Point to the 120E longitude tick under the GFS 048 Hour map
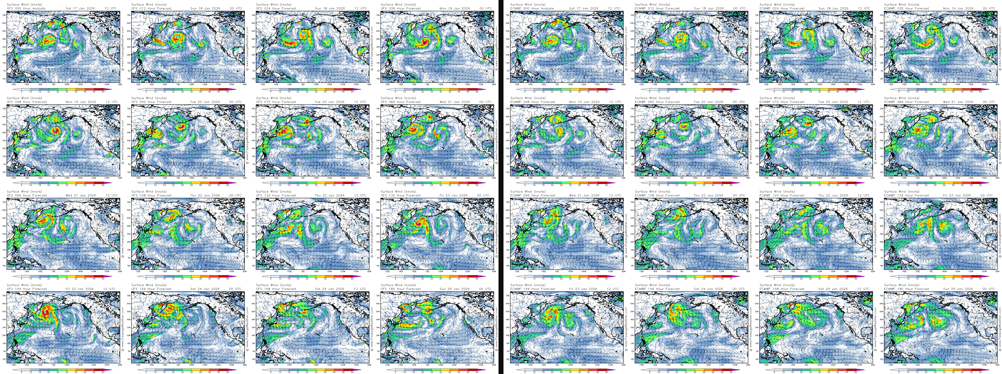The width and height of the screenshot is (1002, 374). pyautogui.click(x=14, y=178)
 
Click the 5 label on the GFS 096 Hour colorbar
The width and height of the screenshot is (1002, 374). pyautogui.click(x=21, y=279)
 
